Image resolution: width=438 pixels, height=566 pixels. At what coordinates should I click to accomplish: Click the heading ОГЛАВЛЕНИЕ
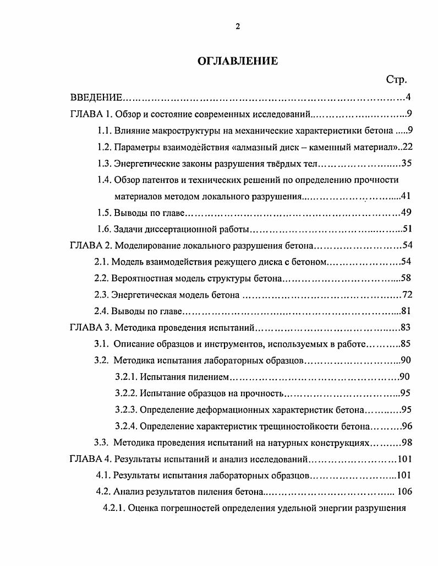(238, 61)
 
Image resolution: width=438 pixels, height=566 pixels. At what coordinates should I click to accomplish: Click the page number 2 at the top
(238, 26)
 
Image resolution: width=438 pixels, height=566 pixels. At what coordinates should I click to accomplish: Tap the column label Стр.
(396, 80)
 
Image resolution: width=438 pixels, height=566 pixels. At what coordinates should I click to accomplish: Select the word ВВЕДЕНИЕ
(96, 98)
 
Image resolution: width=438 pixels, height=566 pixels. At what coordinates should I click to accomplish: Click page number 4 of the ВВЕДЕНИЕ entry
(408, 98)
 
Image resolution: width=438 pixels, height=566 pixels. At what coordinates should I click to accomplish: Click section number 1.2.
(105, 147)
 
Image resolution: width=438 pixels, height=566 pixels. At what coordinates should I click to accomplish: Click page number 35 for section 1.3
(406, 163)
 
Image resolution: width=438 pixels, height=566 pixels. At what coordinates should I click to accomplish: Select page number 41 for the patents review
(406, 196)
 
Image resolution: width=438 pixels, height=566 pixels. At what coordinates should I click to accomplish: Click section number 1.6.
(105, 229)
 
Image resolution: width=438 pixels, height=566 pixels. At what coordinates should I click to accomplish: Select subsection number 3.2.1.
(126, 377)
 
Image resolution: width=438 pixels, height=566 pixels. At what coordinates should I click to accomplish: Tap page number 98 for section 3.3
(407, 442)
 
